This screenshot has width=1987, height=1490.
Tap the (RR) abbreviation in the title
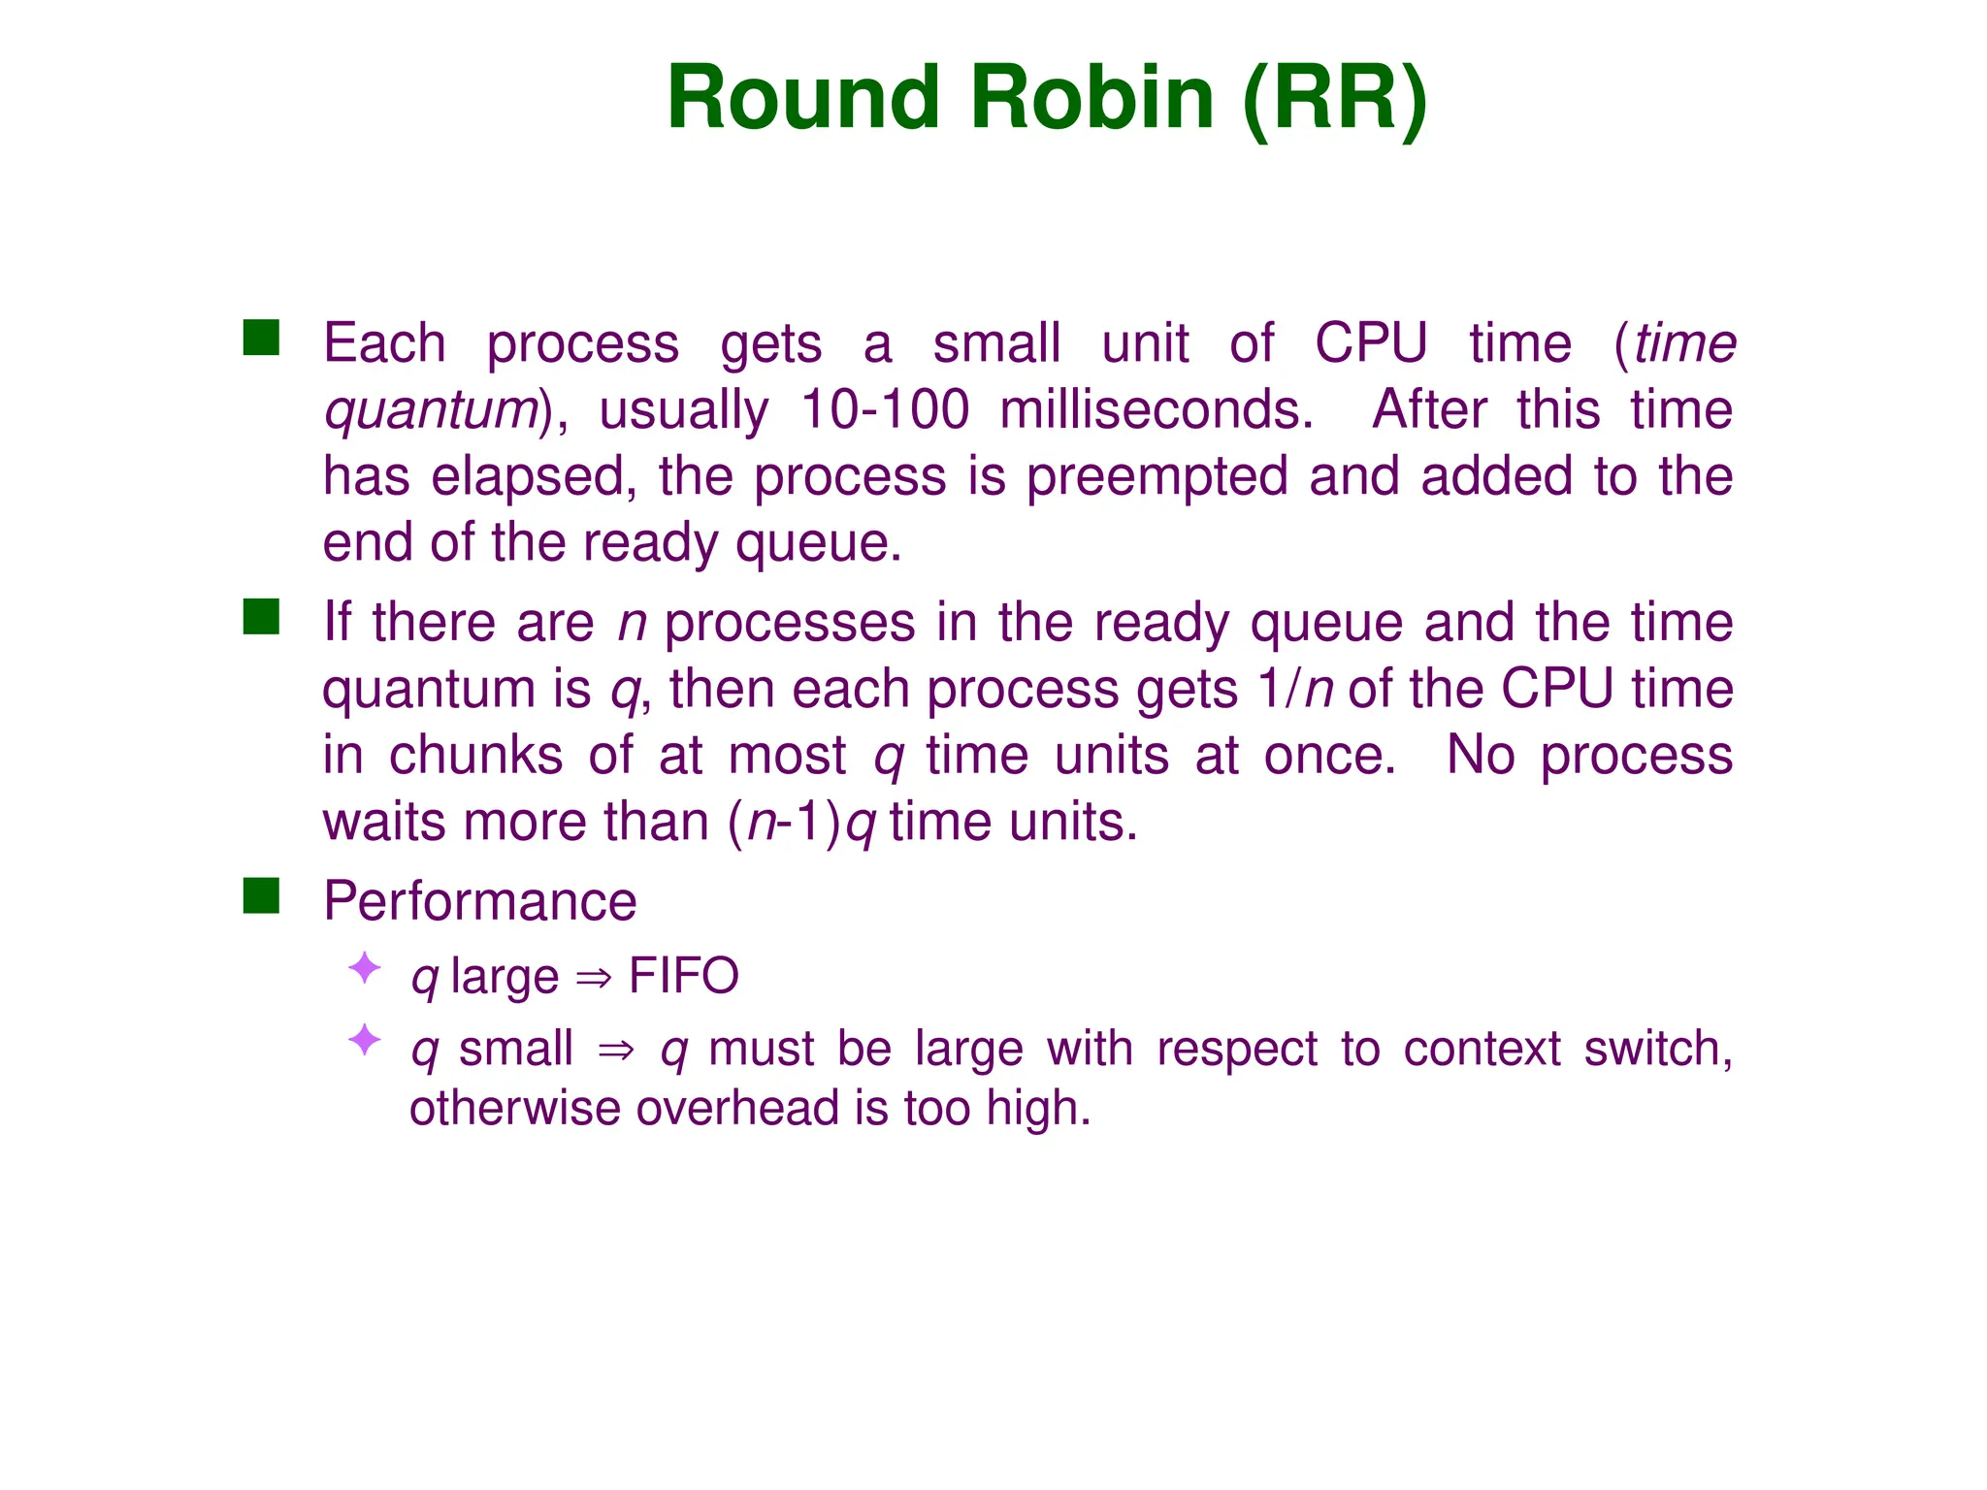pos(1335,98)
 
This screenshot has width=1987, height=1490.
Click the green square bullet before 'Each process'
pos(261,338)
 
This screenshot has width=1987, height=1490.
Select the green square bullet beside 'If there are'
pos(261,617)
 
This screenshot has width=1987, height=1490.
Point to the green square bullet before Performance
pos(261,895)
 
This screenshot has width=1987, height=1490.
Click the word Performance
pos(479,901)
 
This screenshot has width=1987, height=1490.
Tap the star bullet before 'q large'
pos(365,968)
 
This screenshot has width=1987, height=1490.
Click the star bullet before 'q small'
pos(365,1040)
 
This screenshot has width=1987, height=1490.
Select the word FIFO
pos(683,976)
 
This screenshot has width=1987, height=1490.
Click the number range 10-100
pos(884,410)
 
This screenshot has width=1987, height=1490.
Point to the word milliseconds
pos(1156,410)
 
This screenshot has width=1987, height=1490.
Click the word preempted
pos(1156,477)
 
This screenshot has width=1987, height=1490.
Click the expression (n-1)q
pos(802,823)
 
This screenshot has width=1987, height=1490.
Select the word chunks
pos(475,756)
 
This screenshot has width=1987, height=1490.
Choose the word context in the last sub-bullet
pos(1482,1050)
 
